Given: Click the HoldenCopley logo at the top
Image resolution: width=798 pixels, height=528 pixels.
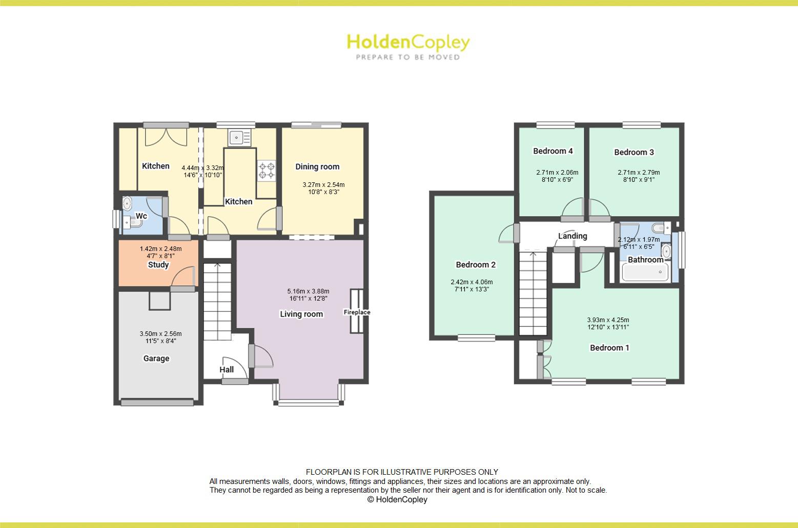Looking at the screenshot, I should pos(408,43).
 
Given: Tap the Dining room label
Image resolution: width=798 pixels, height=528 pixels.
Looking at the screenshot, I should pos(317,166).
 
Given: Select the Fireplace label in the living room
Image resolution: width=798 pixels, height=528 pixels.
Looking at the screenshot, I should pos(357,312).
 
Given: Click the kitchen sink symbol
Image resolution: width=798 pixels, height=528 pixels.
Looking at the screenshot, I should pos(237,137).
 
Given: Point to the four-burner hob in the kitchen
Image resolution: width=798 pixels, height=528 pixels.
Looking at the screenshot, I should pos(267,171).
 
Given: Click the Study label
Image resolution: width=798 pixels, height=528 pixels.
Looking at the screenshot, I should pos(158,265).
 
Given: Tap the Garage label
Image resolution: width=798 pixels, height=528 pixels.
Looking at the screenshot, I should pos(156,358).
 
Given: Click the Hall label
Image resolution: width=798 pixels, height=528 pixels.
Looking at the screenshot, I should pos(227,369).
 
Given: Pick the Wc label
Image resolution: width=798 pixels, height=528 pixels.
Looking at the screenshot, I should pos(141,216).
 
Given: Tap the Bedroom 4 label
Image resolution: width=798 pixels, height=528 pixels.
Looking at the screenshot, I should pos(553,151).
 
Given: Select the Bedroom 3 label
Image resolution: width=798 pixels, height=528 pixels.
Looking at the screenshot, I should pos(634,152).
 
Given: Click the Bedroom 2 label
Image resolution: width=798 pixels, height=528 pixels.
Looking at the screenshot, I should pos(476,265).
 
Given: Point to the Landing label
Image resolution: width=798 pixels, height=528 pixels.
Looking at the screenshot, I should pos(572,236).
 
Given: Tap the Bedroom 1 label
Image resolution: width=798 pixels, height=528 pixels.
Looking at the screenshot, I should pos(609,348).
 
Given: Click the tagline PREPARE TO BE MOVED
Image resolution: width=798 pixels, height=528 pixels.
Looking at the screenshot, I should pos(408,57).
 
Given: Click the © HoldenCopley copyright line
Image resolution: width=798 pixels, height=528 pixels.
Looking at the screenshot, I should pos(397,500).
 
